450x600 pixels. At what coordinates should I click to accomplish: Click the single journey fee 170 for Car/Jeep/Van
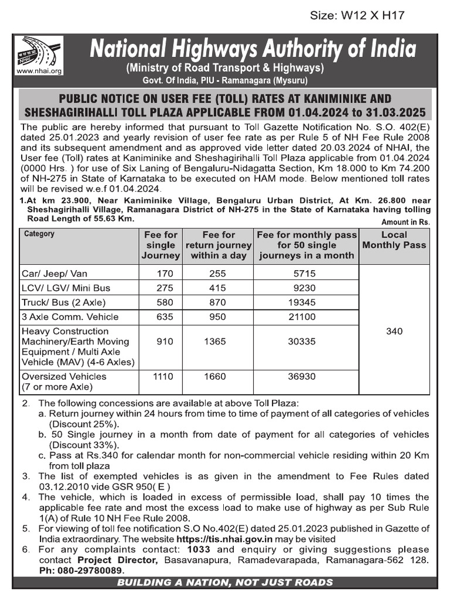tap(166, 273)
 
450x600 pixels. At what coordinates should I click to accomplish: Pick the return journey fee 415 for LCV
tap(219, 288)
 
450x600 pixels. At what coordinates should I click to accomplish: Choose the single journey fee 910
tap(166, 342)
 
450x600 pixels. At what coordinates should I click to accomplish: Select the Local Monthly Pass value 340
tap(394, 331)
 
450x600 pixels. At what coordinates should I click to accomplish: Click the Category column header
tap(39, 234)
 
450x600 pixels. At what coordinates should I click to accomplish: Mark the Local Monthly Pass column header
tap(394, 240)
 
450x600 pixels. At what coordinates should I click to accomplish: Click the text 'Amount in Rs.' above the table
tap(405, 222)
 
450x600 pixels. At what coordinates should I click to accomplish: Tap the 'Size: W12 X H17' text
tap(357, 16)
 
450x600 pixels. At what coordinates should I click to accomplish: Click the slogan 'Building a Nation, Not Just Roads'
tap(225, 582)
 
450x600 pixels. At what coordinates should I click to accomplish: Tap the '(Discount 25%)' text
tap(84, 424)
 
